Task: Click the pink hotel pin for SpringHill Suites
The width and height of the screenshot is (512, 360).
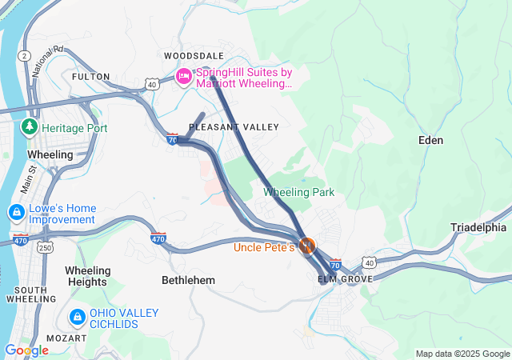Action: [183, 77]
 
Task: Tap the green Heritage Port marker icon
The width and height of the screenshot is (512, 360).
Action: [30, 127]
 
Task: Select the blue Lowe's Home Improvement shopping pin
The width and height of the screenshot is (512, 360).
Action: [16, 213]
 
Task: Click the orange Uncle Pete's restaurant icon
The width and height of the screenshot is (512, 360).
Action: [306, 246]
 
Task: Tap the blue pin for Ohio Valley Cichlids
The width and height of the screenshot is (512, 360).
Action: [77, 318]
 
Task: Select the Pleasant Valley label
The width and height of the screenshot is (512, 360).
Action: [234, 127]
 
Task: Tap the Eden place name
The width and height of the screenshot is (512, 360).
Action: [430, 140]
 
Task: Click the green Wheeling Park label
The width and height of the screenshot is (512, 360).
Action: [299, 192]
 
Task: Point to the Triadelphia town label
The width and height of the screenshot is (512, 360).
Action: [478, 227]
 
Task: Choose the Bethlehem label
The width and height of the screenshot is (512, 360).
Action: [189, 280]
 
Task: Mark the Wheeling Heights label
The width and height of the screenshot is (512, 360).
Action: [87, 276]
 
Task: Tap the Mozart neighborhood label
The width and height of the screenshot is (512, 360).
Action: [66, 338]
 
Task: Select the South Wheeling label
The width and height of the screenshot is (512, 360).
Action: [31, 294]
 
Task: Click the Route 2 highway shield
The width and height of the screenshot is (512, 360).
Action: [26, 54]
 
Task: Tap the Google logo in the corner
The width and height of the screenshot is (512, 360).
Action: [26, 350]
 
